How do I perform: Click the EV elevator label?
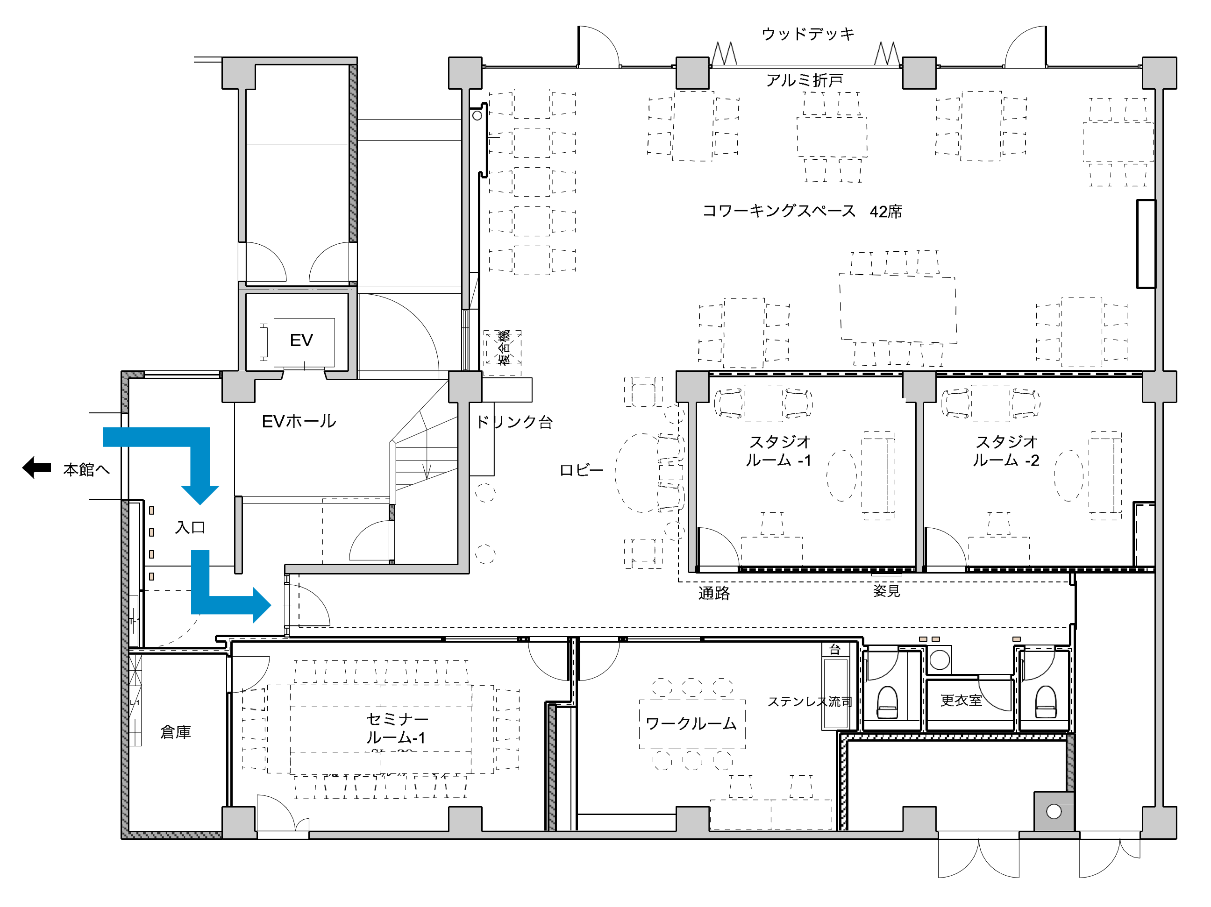[301, 340]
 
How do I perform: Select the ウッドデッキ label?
[807, 34]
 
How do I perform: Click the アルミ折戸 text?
[804, 80]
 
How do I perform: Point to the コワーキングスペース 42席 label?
[802, 211]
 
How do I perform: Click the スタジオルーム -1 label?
[779, 451]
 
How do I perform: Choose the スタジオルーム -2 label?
[1006, 451]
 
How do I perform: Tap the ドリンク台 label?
[514, 422]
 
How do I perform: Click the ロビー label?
[581, 470]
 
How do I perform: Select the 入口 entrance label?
[190, 528]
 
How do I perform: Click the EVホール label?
[299, 421]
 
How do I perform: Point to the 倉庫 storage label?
[175, 732]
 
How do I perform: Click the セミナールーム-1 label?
[396, 729]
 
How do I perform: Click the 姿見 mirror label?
[886, 591]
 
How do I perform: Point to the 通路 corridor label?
[714, 593]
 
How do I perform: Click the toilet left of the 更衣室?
[887, 702]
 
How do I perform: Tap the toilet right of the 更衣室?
[1046, 702]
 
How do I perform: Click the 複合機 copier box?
[503, 348]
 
